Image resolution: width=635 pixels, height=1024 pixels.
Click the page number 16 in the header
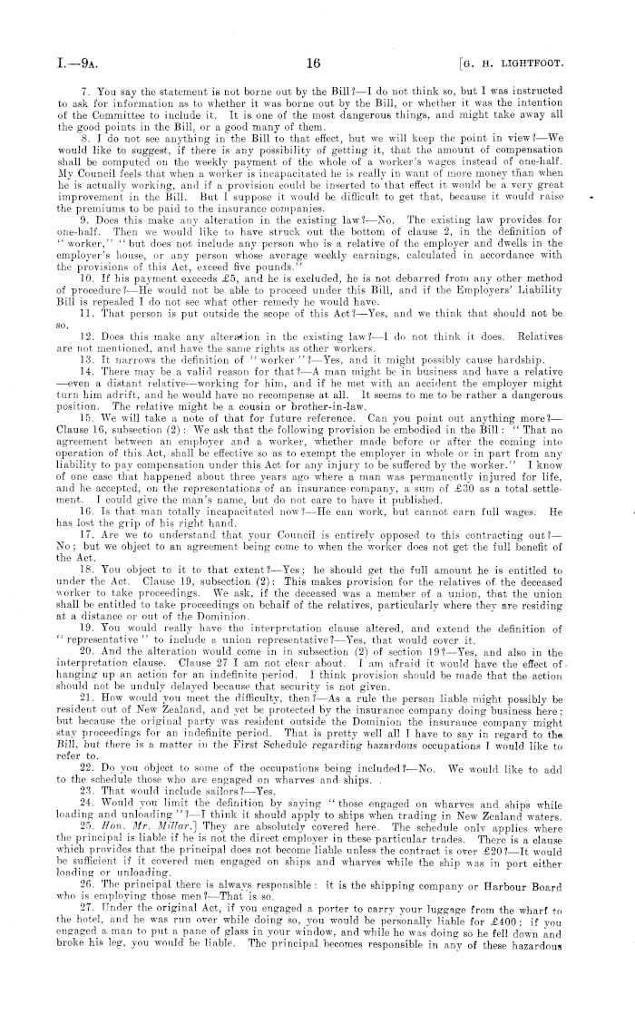tap(316, 63)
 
